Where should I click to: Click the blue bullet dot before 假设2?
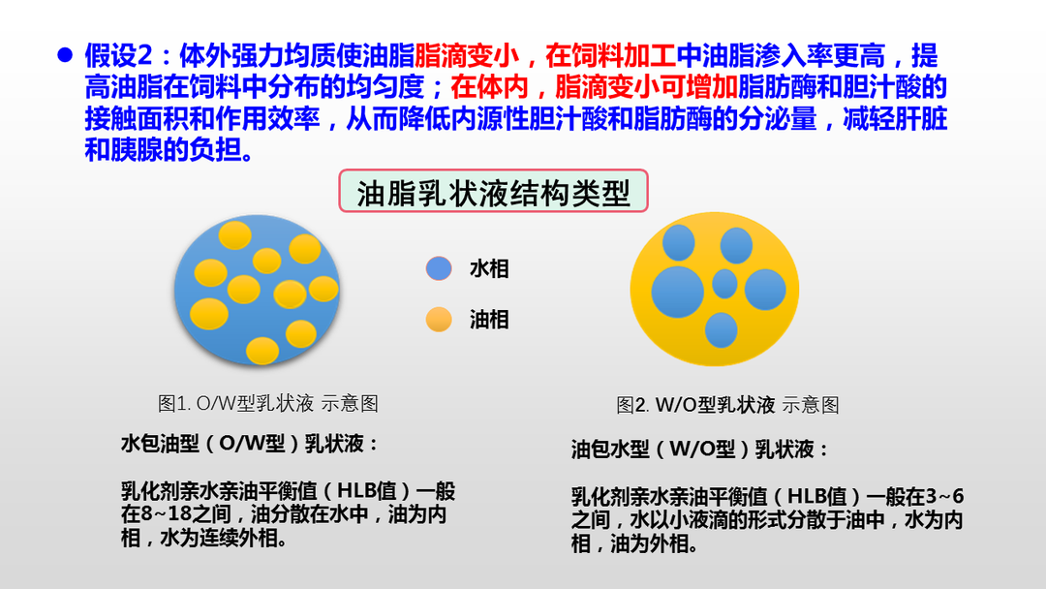pyautogui.click(x=65, y=55)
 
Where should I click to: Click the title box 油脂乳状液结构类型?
pyautogui.click(x=493, y=192)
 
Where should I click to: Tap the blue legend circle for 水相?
pyautogui.click(x=439, y=268)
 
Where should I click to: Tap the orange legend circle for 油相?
pyautogui.click(x=439, y=319)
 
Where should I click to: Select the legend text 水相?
pyautogui.click(x=489, y=268)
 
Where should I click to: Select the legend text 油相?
pyautogui.click(x=489, y=319)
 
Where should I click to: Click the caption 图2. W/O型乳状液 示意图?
pyautogui.click(x=727, y=405)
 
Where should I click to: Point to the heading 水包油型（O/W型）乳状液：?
pyautogui.click(x=250, y=445)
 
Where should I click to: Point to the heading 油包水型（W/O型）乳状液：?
pyautogui.click(x=700, y=449)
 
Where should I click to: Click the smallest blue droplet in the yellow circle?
pyautogui.click(x=724, y=284)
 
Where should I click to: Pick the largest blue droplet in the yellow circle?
pyautogui.click(x=677, y=289)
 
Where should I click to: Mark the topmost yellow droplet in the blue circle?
pyautogui.click(x=234, y=234)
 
